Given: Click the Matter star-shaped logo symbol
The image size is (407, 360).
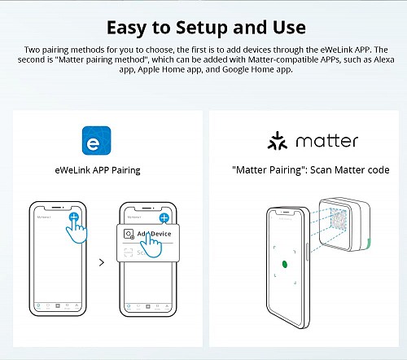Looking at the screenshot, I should click(278, 141).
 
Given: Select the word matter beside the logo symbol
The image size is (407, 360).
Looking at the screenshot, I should click(326, 141).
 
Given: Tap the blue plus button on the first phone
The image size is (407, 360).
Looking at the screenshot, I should click(73, 217).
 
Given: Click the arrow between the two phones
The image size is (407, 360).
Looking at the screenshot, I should click(101, 263).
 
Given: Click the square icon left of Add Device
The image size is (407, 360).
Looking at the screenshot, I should click(128, 234).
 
